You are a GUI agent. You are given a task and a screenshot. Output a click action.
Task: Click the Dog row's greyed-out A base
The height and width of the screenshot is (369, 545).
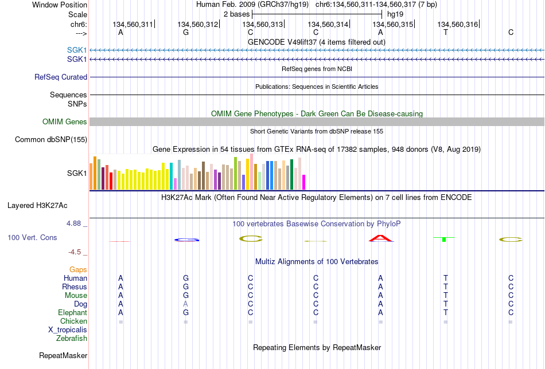[186, 304]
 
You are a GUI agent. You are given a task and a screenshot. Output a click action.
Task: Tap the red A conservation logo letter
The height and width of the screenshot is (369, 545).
[380, 238]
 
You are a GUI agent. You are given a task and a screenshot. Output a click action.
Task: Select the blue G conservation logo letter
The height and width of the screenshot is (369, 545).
[186, 240]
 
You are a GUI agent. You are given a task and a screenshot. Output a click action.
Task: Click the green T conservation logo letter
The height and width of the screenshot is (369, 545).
[444, 239]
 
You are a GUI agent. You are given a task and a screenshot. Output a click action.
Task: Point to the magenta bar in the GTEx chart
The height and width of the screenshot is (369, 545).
[304, 182]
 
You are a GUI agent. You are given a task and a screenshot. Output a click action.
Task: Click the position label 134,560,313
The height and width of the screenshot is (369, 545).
[262, 24]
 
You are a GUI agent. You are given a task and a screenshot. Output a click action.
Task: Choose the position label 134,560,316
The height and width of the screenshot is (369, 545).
[457, 24]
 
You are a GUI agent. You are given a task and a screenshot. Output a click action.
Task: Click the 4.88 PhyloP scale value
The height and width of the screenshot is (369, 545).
[73, 223]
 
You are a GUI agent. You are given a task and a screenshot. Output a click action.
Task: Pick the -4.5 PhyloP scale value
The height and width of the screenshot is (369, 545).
[75, 252]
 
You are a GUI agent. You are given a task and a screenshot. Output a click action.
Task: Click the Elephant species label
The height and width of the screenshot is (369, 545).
[72, 312]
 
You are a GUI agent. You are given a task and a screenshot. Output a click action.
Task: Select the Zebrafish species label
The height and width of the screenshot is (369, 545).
[72, 338]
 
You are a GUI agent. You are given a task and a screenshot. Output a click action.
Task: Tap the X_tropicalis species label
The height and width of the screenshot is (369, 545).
[68, 330]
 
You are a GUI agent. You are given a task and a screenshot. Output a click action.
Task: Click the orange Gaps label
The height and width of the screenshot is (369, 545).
[78, 270]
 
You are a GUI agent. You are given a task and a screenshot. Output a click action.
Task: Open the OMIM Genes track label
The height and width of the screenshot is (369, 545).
[64, 121]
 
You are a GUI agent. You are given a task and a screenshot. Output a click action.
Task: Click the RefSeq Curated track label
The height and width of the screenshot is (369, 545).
[60, 77]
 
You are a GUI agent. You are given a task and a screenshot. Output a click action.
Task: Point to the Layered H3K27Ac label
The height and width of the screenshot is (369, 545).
[37, 206]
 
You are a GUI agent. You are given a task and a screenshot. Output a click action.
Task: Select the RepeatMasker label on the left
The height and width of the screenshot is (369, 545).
[63, 355]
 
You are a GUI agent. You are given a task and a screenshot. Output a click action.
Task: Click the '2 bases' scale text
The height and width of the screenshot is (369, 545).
[236, 14]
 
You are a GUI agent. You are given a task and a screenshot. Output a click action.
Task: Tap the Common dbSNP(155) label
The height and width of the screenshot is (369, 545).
[50, 140]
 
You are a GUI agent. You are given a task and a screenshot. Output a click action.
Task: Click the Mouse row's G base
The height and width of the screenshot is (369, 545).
[186, 296]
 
